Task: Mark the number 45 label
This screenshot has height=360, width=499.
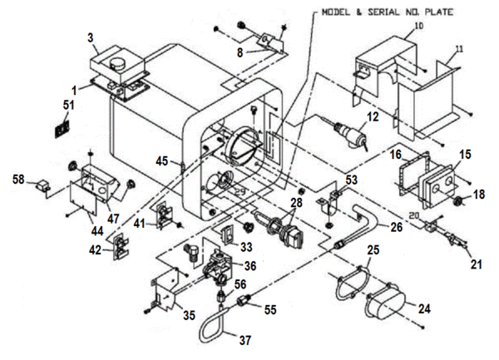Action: point(161,161)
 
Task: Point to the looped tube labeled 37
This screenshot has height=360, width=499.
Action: point(212,324)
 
